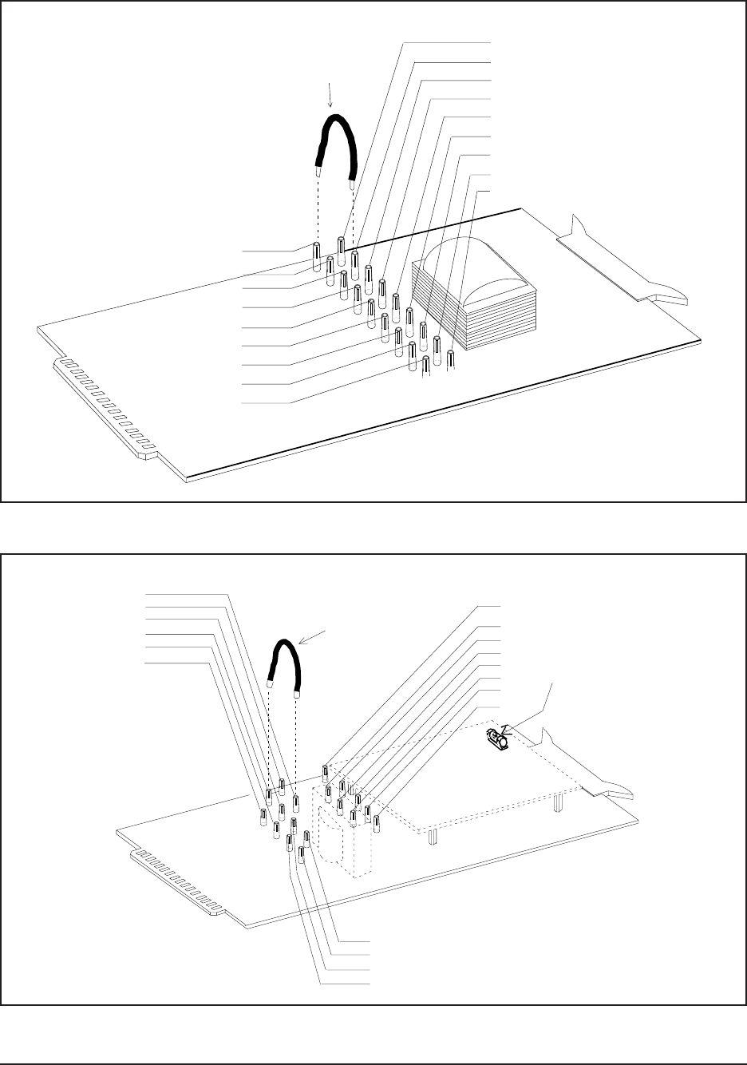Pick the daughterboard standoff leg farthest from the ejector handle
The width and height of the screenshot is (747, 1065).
pyautogui.click(x=432, y=835)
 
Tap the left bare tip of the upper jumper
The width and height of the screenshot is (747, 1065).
pyautogui.click(x=318, y=171)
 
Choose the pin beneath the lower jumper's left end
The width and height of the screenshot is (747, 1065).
pyautogui.click(x=270, y=796)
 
